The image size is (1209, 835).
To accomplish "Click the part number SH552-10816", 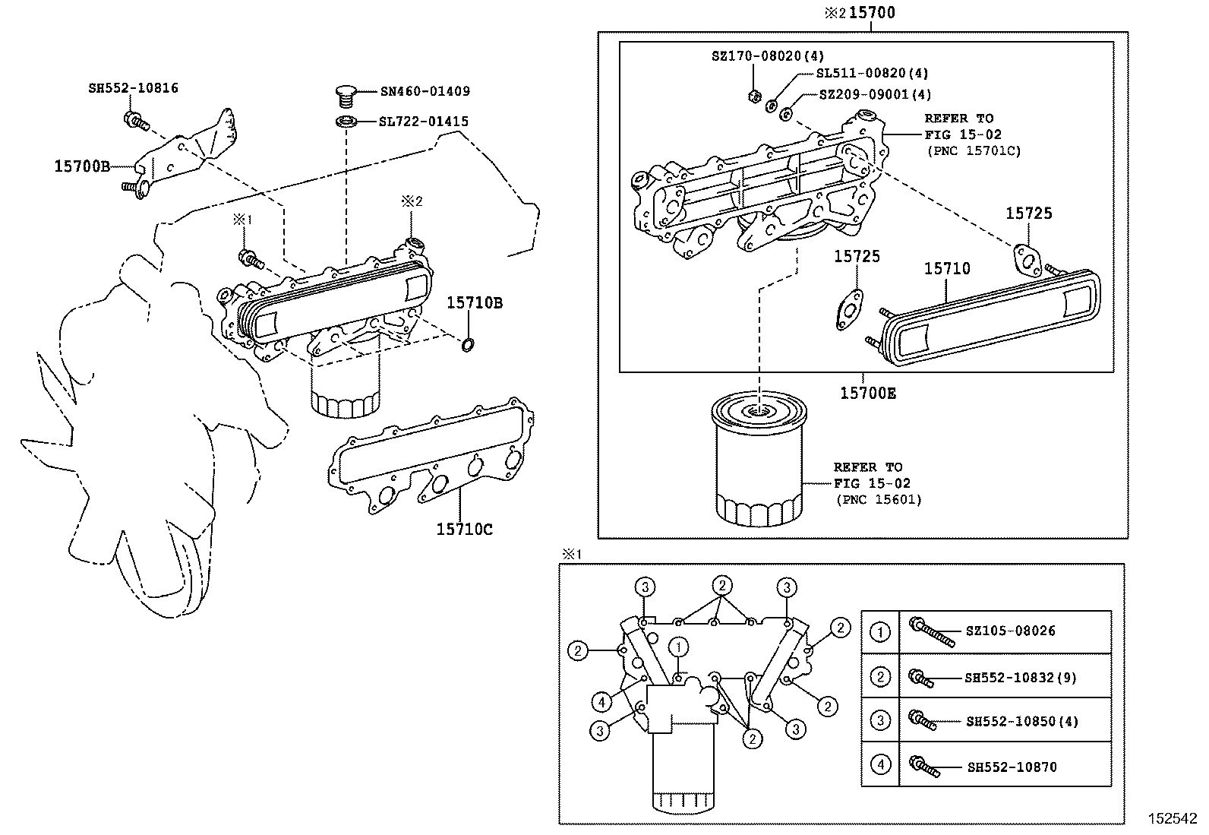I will pos(133,88).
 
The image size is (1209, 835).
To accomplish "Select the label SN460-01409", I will pos(425,91).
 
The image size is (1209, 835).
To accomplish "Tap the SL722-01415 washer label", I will pos(424,122).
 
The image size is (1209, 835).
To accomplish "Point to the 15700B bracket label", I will pos(82,165).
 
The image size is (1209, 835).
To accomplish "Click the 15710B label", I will pos(474,303).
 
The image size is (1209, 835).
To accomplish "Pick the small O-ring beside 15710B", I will pos(469,346).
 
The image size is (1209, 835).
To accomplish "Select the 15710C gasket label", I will pos(464,529).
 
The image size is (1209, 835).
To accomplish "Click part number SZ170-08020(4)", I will pos(767,55).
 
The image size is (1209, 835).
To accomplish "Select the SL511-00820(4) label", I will pos(872,74).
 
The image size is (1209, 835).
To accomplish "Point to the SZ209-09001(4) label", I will pos(875,95).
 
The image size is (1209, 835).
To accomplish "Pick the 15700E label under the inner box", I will pos(867,393).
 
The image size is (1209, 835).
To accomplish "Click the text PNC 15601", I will pos(879,499).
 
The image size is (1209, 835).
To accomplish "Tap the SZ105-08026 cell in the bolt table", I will pos(1010,631).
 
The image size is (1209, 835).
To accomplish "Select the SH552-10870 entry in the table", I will pos(1011,767).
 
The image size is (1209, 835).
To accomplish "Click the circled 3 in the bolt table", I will pos(880,720).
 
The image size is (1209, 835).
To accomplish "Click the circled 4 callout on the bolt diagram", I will pos(601,701).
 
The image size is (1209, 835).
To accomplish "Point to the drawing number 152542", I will pos(1171,819).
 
